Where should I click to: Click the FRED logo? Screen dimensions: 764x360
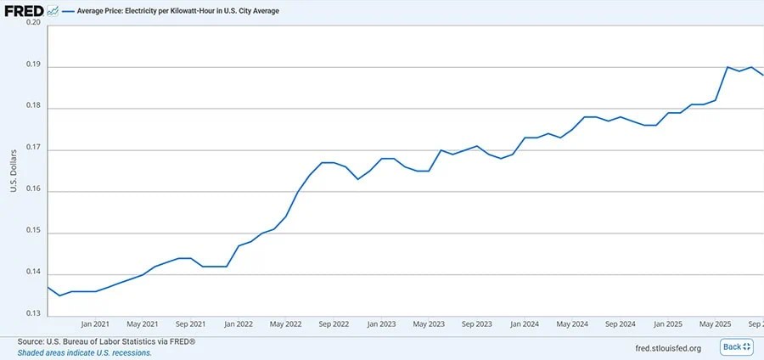[25, 11]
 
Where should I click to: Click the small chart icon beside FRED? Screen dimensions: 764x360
[53, 11]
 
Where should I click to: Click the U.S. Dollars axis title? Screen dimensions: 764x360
[14, 170]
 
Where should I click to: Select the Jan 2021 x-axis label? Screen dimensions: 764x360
[95, 324]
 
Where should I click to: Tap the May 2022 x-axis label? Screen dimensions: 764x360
[286, 324]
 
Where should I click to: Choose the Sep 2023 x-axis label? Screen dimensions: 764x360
[477, 324]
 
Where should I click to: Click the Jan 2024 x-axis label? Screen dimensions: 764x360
[525, 324]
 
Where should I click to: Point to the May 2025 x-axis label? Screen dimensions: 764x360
[716, 324]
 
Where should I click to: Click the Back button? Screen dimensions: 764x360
[736, 347]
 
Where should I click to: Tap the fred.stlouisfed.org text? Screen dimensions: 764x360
[669, 348]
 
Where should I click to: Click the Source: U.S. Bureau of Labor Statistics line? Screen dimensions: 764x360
[106, 342]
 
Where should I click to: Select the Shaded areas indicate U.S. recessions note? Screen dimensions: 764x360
[84, 352]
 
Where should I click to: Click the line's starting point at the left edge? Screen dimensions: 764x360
[48, 287]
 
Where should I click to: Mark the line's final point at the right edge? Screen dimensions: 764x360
[763, 75]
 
